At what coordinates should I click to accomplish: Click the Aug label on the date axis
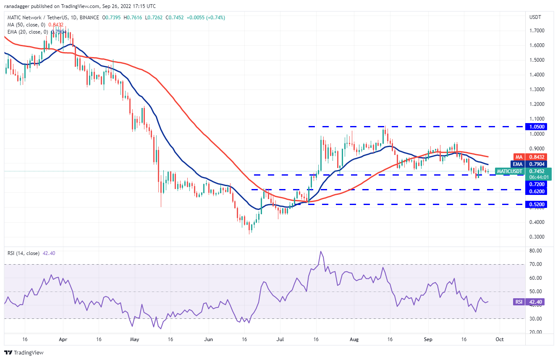tap(354, 339)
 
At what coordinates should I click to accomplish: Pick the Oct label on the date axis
tap(500, 339)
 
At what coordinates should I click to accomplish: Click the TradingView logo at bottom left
tap(24, 353)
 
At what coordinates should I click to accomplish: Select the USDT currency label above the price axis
tap(536, 18)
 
